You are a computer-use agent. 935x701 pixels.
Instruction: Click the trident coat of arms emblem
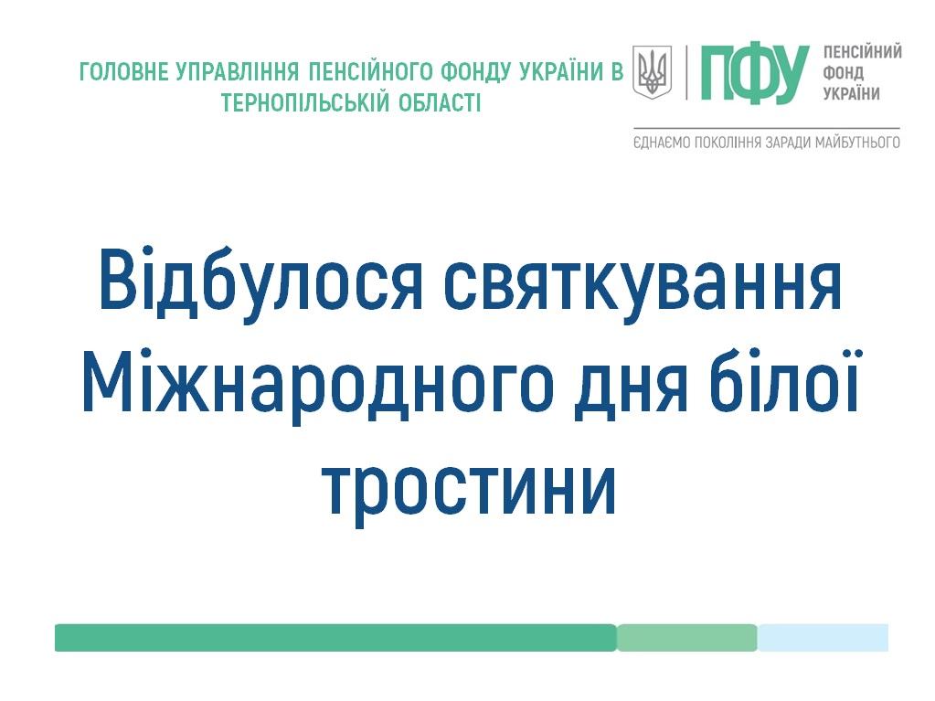652,72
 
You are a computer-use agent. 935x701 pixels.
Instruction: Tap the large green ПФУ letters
755,73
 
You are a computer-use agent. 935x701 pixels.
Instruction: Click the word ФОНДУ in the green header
476,72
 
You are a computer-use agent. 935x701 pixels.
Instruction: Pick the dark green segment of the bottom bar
335,638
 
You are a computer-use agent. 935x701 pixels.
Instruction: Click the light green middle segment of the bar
687,638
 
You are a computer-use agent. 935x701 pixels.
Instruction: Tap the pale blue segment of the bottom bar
823,638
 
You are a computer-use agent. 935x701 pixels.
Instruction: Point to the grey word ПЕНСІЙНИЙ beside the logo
862,52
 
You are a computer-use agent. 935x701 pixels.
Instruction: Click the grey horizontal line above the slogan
767,128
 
